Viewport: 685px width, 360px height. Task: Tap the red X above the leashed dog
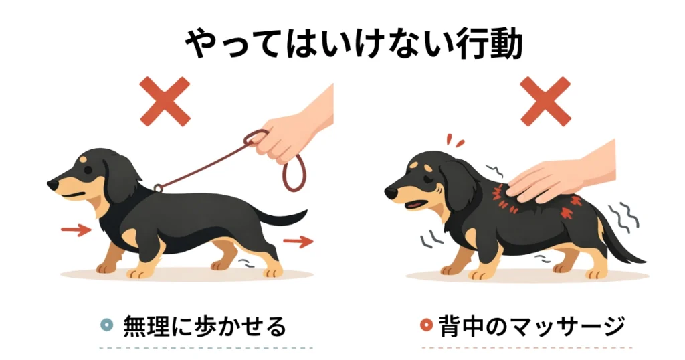point(165,101)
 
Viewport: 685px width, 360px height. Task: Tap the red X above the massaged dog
point(546,101)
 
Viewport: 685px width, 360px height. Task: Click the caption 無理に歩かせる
point(205,326)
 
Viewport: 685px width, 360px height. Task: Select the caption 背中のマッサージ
point(532,326)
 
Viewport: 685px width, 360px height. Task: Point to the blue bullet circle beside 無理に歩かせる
point(106,325)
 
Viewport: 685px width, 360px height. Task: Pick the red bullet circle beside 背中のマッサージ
point(426,325)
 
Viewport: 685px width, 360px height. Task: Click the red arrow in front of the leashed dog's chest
point(76,230)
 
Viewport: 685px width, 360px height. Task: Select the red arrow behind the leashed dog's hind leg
point(298,241)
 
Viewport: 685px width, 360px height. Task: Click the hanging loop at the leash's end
point(294,173)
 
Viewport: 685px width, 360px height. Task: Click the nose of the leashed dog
point(52,185)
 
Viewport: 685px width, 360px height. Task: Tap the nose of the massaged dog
point(391,192)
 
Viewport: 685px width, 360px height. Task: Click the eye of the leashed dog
point(88,169)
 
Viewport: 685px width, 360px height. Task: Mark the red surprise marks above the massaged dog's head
point(454,141)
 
